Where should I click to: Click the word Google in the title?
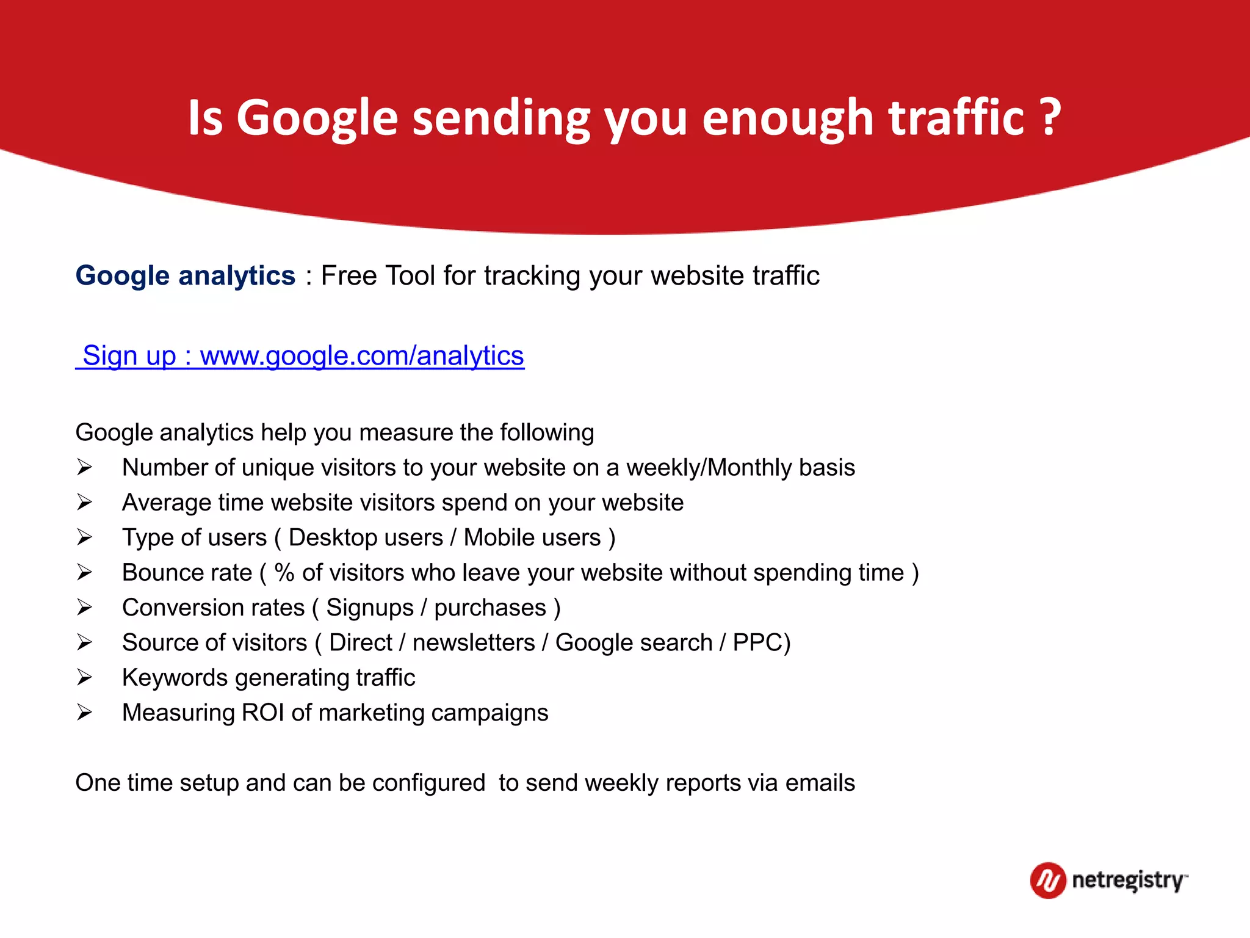coord(317,117)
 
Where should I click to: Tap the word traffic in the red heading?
coord(956,117)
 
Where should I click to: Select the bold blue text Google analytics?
coord(186,275)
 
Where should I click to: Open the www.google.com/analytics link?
coord(362,355)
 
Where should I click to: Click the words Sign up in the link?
coord(129,355)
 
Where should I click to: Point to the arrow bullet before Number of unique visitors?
coord(84,468)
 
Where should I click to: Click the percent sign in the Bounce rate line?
coord(284,573)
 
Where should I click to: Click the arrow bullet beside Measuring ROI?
coord(84,713)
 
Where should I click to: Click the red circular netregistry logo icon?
coord(1048,880)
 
